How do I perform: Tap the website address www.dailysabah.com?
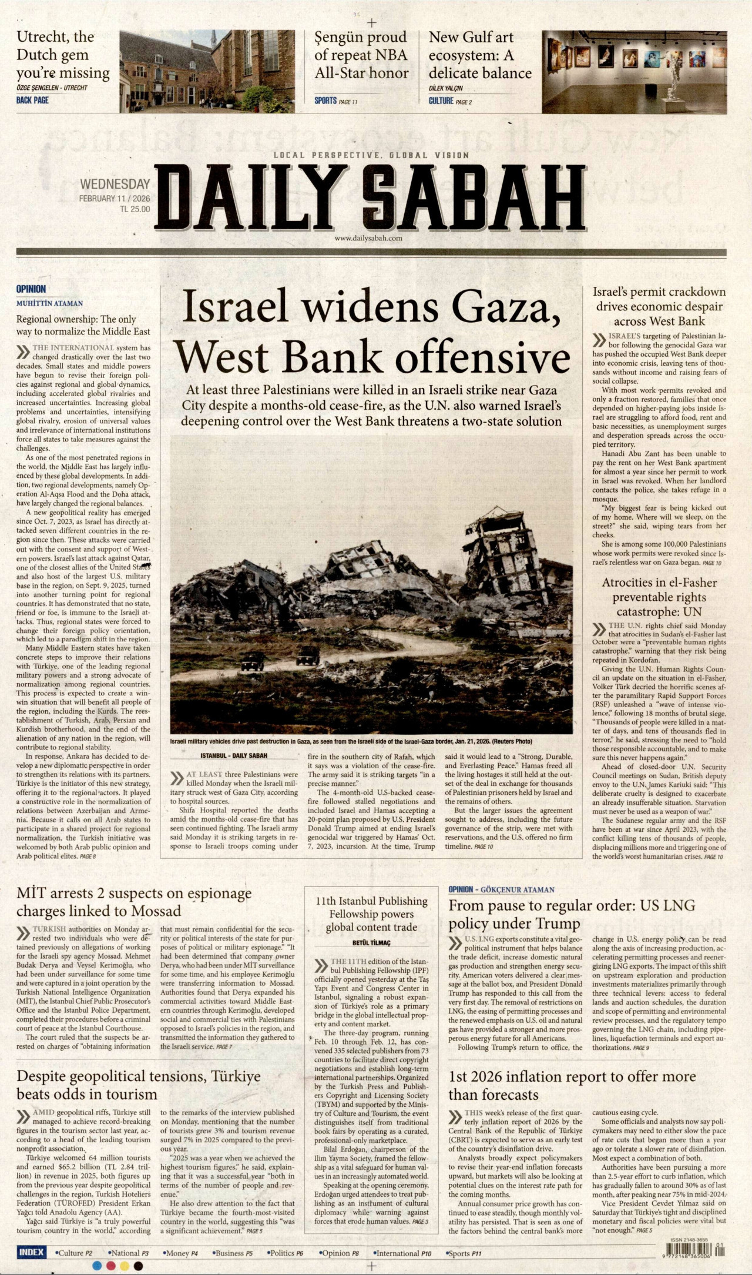click(368, 238)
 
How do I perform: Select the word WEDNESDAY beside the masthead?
click(115, 185)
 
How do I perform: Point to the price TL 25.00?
click(135, 209)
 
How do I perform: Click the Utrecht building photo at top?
click(207, 71)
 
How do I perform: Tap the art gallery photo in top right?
click(634, 71)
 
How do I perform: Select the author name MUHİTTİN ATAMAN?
click(49, 303)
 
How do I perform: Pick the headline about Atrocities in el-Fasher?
click(659, 597)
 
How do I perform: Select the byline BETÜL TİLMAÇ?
click(371, 943)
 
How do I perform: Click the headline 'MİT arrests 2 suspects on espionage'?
click(134, 902)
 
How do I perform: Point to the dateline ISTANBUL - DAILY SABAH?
click(233, 755)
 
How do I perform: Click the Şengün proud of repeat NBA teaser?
click(361, 55)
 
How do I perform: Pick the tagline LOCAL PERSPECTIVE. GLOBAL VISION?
click(371, 155)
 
